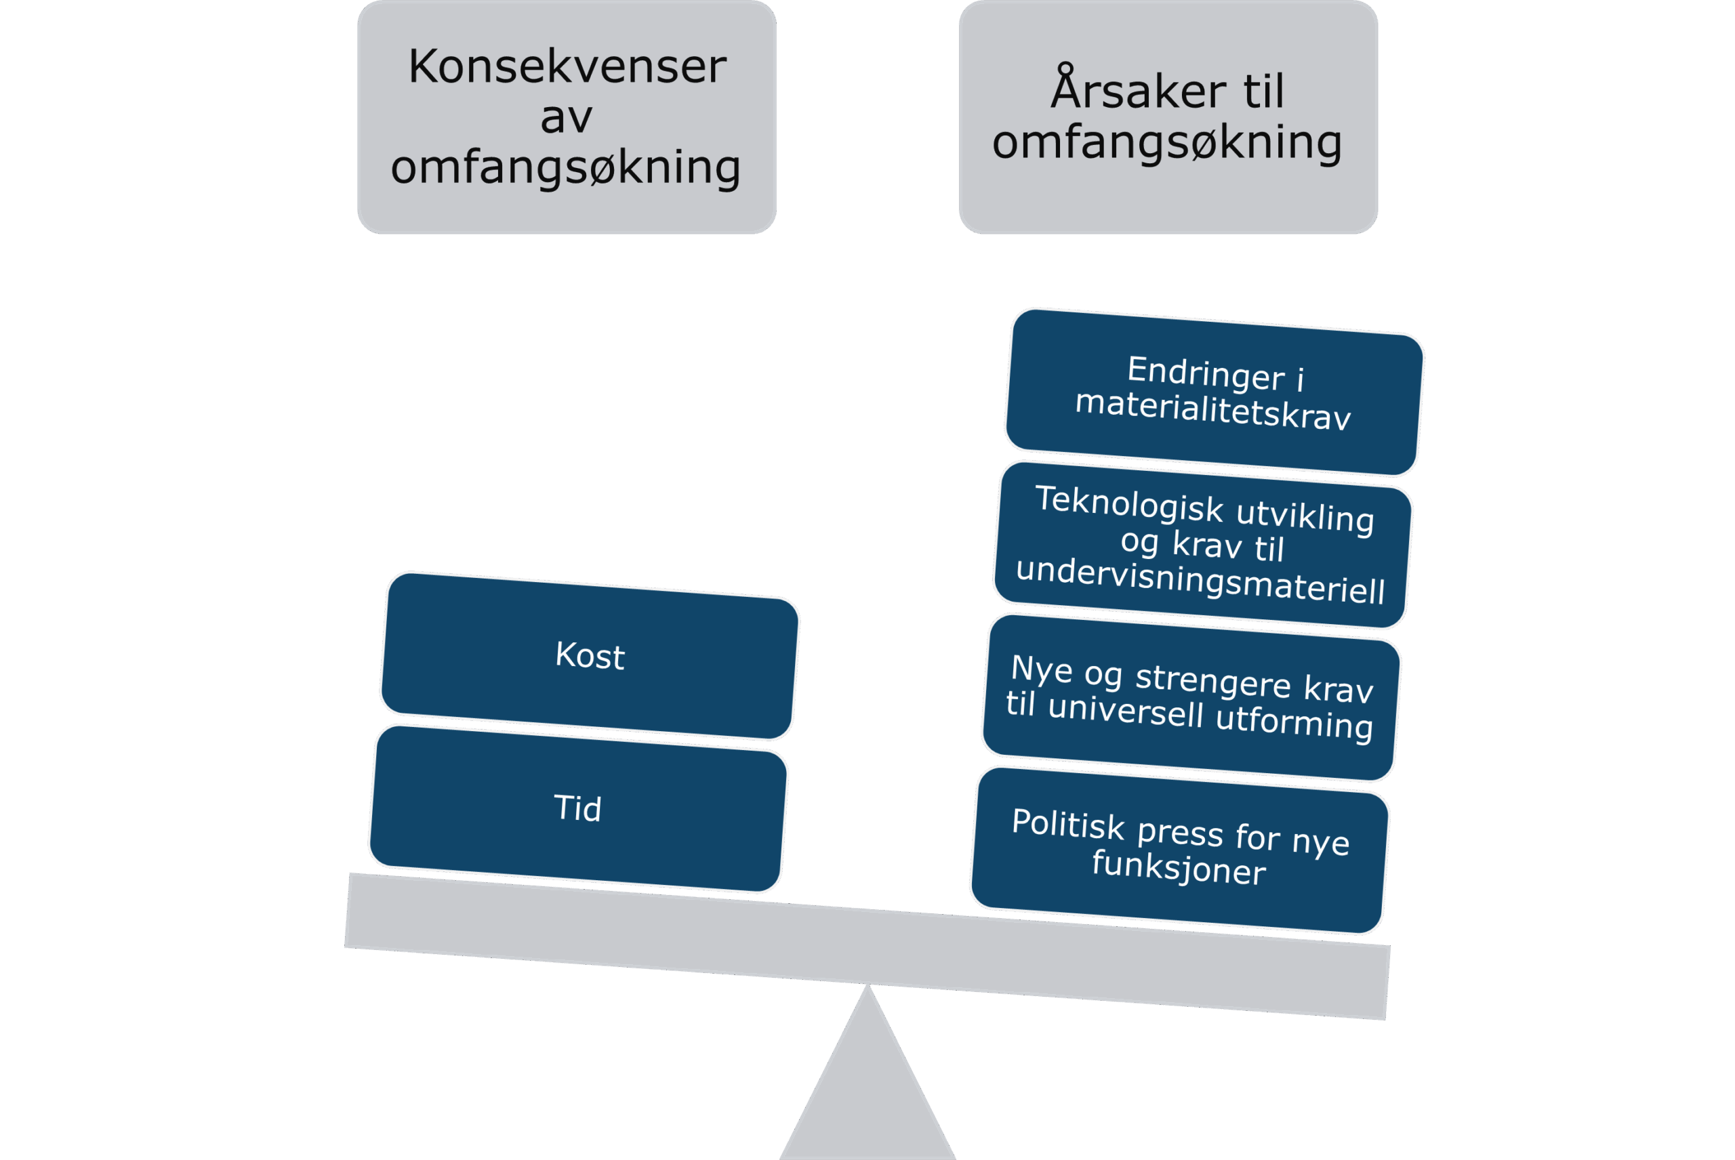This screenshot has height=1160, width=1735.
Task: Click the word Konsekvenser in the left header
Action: pyautogui.click(x=567, y=67)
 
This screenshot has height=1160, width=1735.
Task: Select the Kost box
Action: pyautogui.click(x=589, y=655)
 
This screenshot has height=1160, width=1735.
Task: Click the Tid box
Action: pyautogui.click(x=577, y=808)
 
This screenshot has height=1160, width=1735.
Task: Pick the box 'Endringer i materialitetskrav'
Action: pyautogui.click(x=1213, y=392)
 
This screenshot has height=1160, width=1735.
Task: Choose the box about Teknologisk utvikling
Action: pyautogui.click(x=1203, y=545)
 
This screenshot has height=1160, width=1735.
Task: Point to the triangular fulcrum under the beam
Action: pyautogui.click(x=867, y=1087)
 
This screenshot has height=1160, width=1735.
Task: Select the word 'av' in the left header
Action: pyautogui.click(x=566, y=118)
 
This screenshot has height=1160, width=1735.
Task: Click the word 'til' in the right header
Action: pyautogui.click(x=1264, y=91)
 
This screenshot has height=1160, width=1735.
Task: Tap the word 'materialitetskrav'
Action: pyautogui.click(x=1212, y=410)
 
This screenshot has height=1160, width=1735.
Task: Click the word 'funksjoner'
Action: pyautogui.click(x=1179, y=867)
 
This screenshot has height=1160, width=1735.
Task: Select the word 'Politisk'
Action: pyautogui.click(x=1067, y=825)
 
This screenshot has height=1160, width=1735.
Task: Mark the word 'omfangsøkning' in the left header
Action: pyautogui.click(x=565, y=168)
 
